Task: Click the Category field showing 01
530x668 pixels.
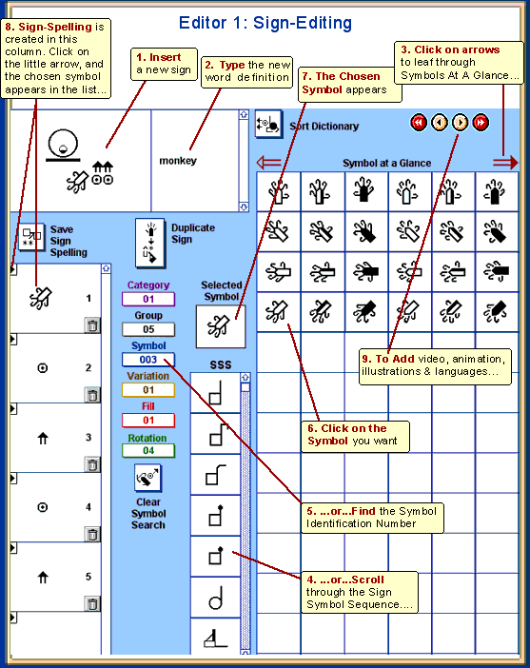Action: pyautogui.click(x=148, y=299)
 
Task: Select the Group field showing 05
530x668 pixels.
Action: pyautogui.click(x=148, y=329)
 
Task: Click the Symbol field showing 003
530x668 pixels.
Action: pyautogui.click(x=148, y=360)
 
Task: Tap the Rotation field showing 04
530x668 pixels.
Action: pyautogui.click(x=148, y=450)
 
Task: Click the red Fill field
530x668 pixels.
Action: pyautogui.click(x=148, y=421)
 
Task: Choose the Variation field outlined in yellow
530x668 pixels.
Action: pyautogui.click(x=148, y=390)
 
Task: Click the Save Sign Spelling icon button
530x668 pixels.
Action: pyautogui.click(x=31, y=236)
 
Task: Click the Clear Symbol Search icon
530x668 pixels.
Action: pyautogui.click(x=147, y=478)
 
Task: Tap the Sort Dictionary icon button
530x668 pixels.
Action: pyautogui.click(x=268, y=124)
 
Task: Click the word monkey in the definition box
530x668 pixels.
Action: pyautogui.click(x=178, y=161)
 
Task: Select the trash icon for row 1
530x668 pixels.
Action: pyautogui.click(x=91, y=325)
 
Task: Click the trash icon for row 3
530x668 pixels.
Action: pyautogui.click(x=91, y=464)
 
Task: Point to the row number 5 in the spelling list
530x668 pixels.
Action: pyautogui.click(x=88, y=577)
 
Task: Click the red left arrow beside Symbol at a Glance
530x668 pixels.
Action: pyautogui.click(x=269, y=163)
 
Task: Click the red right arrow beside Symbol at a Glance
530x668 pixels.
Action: pyautogui.click(x=505, y=163)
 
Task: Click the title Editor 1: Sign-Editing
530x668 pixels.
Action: pyautogui.click(x=265, y=23)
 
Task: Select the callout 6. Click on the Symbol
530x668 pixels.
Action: pyautogui.click(x=355, y=437)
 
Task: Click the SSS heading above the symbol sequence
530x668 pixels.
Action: pyautogui.click(x=221, y=364)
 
